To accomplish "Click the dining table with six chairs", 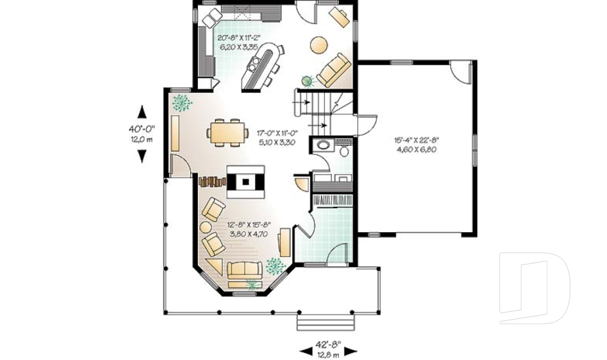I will tap(227, 132).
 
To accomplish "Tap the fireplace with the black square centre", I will tap(245, 182).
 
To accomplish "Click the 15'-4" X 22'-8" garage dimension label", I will tap(416, 145).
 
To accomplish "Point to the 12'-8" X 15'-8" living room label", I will tap(249, 228).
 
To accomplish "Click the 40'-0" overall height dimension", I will tap(142, 133).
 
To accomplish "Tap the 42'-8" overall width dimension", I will tap(328, 349).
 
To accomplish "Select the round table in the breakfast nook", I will tap(319, 45).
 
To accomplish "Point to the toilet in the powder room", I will tap(342, 150).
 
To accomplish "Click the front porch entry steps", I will tap(328, 322).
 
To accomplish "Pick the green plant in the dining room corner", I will tap(182, 102).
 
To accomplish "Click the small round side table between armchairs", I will tap(206, 227).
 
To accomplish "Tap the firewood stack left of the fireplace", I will tap(212, 182).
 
